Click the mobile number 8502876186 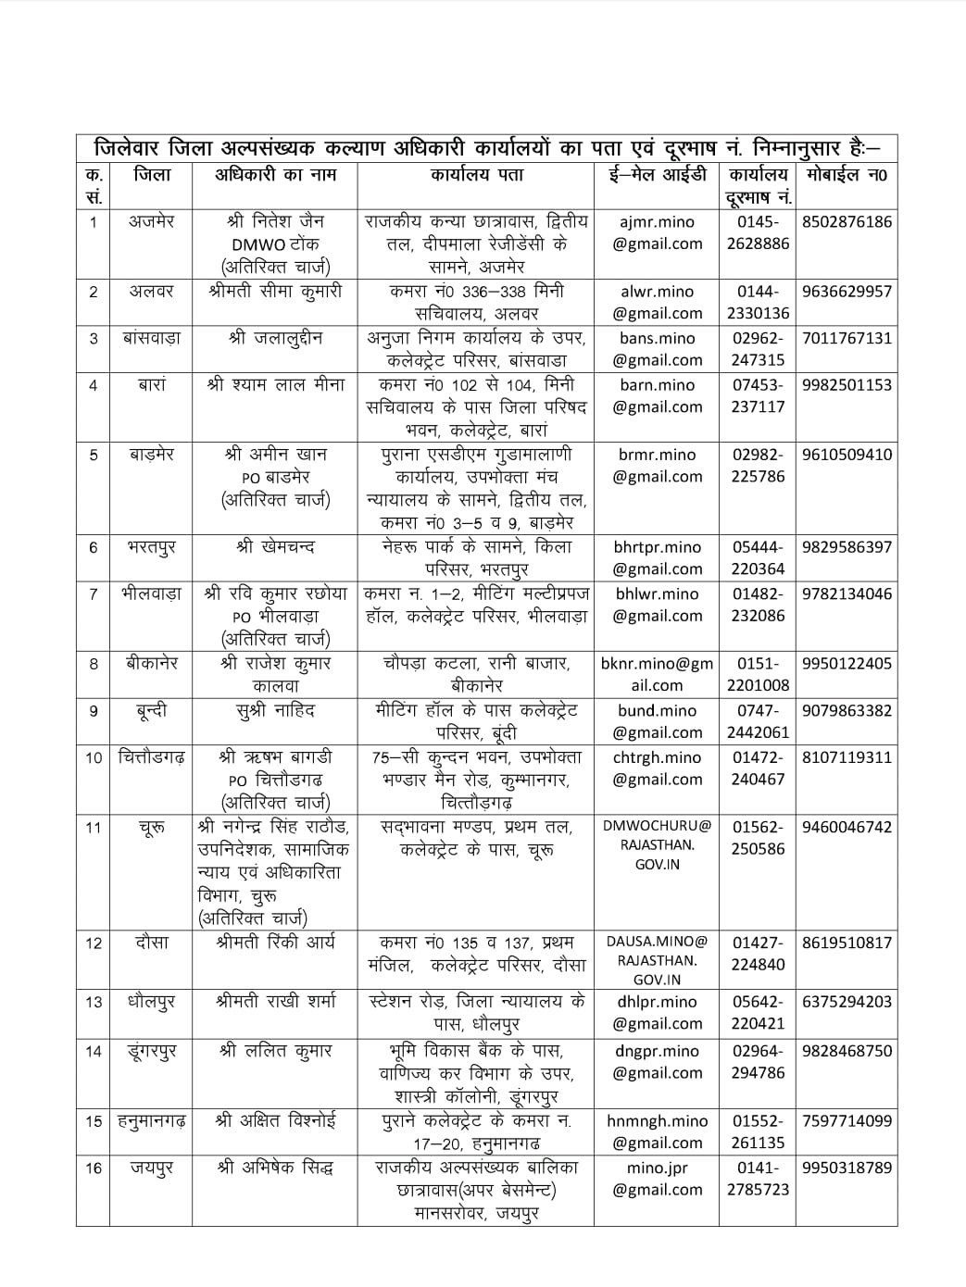pos(847,222)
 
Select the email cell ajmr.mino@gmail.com pos(657,233)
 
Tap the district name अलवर pos(151,292)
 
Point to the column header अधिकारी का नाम pos(275,174)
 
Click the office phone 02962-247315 pos(758,349)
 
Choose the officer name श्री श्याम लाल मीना pos(275,385)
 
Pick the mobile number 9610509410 pos(847,455)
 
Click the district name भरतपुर pos(151,547)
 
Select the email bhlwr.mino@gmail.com pos(657,605)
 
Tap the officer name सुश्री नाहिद pos(275,711)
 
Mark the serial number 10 pos(94,758)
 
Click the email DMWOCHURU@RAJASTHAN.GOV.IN pos(657,844)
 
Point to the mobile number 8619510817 pos(847,943)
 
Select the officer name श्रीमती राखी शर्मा pos(275,1002)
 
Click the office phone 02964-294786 pos(758,1062)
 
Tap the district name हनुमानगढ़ pos(151,1121)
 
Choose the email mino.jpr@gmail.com pos(657,1179)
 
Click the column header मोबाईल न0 pos(847,174)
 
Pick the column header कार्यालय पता pos(476,174)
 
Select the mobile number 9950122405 pos(847,664)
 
